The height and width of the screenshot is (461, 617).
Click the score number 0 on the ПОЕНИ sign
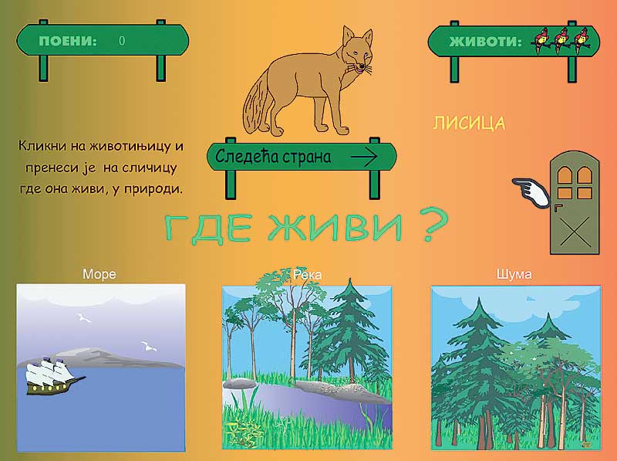pyautogui.click(x=122, y=41)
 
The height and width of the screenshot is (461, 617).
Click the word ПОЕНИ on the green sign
pyautogui.click(x=68, y=41)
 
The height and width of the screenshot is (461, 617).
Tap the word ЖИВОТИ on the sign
pyautogui.click(x=485, y=42)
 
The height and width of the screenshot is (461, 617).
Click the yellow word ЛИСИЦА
pyautogui.click(x=469, y=124)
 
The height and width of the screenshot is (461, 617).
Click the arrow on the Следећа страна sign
pyautogui.click(x=363, y=157)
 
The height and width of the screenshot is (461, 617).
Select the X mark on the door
pyautogui.click(x=575, y=232)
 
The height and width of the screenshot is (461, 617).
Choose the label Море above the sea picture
pyautogui.click(x=99, y=274)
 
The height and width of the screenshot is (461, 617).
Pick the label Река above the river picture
pyautogui.click(x=307, y=275)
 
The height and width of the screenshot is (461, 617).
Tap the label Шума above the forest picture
pyautogui.click(x=514, y=274)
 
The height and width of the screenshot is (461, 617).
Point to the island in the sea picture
pyautogui.click(x=100, y=358)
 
